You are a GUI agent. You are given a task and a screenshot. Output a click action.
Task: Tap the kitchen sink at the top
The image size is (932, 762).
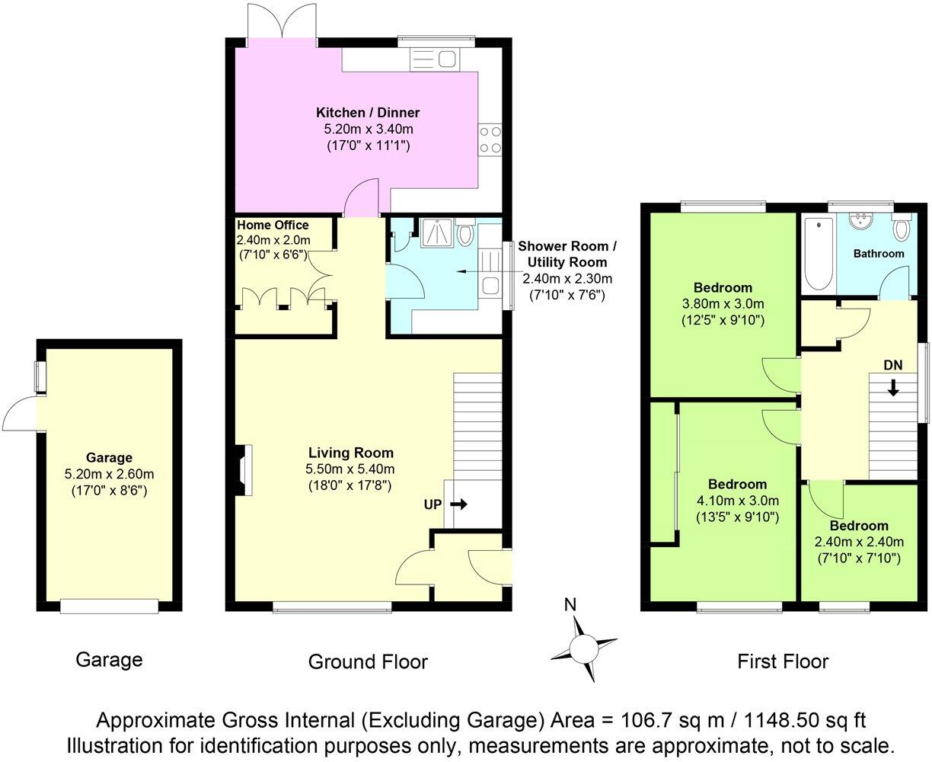tap(433, 58)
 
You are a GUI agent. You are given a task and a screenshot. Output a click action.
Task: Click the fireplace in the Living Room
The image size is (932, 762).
tap(244, 472)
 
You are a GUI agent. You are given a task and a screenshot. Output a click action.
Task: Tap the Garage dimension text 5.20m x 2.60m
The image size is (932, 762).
tap(109, 474)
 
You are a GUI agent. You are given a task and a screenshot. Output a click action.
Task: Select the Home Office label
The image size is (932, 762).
tap(273, 226)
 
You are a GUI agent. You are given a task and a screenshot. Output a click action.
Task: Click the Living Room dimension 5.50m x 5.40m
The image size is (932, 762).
tap(351, 469)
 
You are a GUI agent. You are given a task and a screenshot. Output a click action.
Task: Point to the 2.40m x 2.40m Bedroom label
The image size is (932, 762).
tap(859, 542)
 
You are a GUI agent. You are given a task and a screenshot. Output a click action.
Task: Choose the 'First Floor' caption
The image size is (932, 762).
tap(783, 661)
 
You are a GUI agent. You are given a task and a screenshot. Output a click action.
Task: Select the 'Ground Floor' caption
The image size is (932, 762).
tap(368, 661)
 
